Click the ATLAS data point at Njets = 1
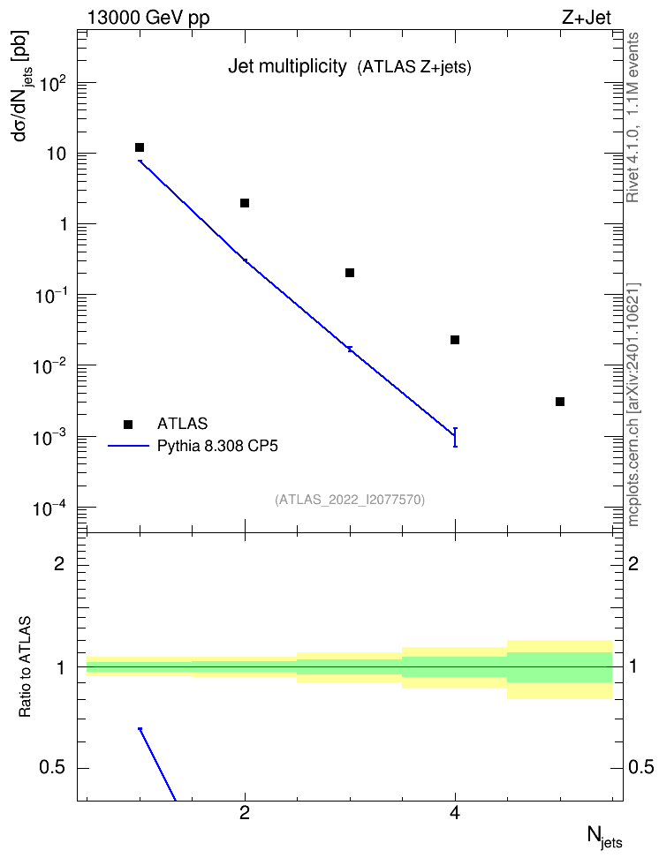click(x=140, y=147)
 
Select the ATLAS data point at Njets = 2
click(x=245, y=203)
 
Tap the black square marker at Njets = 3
click(x=350, y=273)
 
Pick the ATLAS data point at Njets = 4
click(x=455, y=340)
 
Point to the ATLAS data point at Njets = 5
click(x=560, y=402)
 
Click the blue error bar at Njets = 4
click(x=455, y=437)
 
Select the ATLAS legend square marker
click(x=128, y=424)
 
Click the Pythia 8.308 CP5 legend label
click(x=217, y=446)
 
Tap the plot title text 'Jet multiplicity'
click(x=288, y=67)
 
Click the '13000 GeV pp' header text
click(x=148, y=18)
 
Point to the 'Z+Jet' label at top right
click(x=587, y=18)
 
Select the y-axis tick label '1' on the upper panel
click(x=64, y=224)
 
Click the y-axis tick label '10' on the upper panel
click(x=57, y=154)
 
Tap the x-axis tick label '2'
click(x=245, y=814)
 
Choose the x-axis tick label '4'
click(x=455, y=814)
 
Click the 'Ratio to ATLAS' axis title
click(x=26, y=666)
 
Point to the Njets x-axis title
click(x=605, y=837)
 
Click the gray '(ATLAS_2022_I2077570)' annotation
click(x=350, y=500)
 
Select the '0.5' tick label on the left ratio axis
click(x=52, y=768)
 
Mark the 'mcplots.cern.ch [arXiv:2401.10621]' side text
click(x=633, y=404)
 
